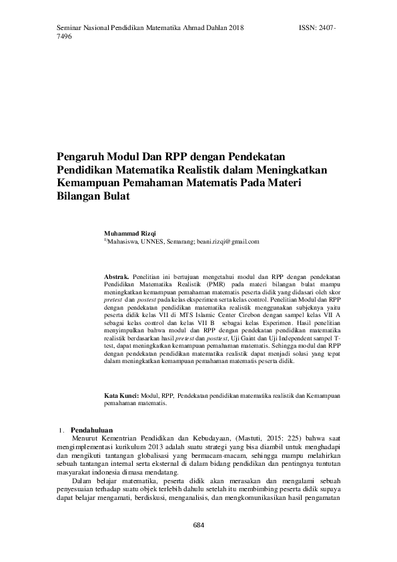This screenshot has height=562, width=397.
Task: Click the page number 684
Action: coord(198,525)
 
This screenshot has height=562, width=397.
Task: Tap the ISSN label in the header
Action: coord(305,29)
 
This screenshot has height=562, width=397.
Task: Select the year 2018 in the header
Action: coord(236,29)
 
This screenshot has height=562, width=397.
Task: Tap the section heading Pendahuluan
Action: coord(91,430)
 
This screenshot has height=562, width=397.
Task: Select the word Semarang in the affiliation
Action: coord(183,242)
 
